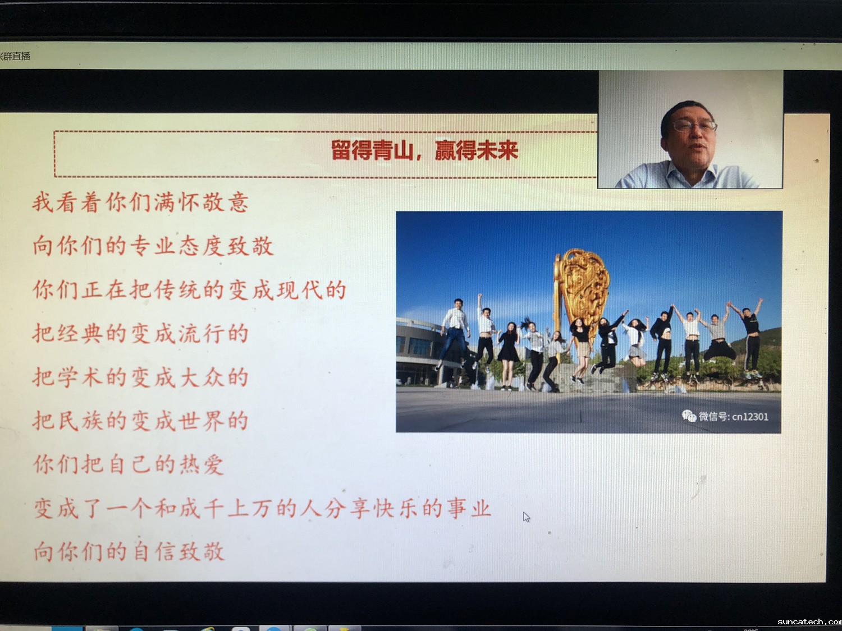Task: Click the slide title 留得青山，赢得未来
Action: pos(424,150)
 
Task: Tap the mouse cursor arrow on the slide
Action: pos(527,517)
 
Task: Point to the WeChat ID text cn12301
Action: pos(750,416)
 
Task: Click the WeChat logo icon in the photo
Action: pos(689,416)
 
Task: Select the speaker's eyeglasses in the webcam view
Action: pos(695,125)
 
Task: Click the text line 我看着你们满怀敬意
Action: pos(140,202)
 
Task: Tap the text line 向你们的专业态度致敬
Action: pos(153,246)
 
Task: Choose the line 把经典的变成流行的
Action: pos(140,333)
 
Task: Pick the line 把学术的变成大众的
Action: pos(140,376)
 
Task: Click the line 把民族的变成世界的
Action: pos(140,420)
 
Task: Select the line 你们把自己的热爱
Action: pos(129,464)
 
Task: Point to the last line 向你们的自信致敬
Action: pos(129,552)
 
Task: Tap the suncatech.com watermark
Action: pos(809,621)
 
